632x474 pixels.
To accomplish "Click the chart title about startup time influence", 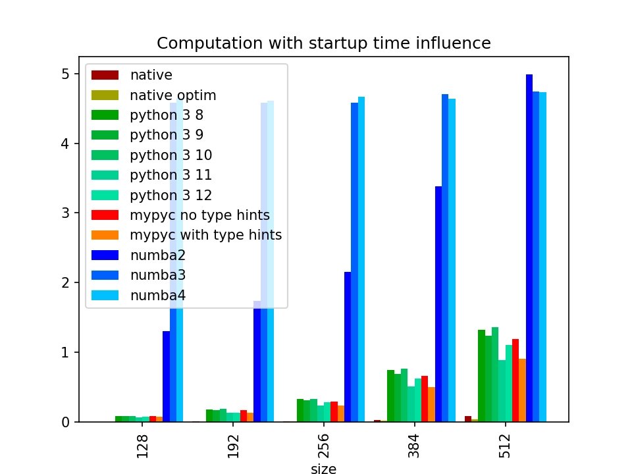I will [323, 43].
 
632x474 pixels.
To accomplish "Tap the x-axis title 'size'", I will [323, 469].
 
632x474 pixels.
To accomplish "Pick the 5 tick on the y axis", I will [65, 74].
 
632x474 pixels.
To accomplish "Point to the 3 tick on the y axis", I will [65, 213].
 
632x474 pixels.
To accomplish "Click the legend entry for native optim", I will [173, 95].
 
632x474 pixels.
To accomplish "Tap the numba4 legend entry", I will [158, 296].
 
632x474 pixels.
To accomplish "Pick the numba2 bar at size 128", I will [166, 376].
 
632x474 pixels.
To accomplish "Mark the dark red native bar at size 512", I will [467, 419].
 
